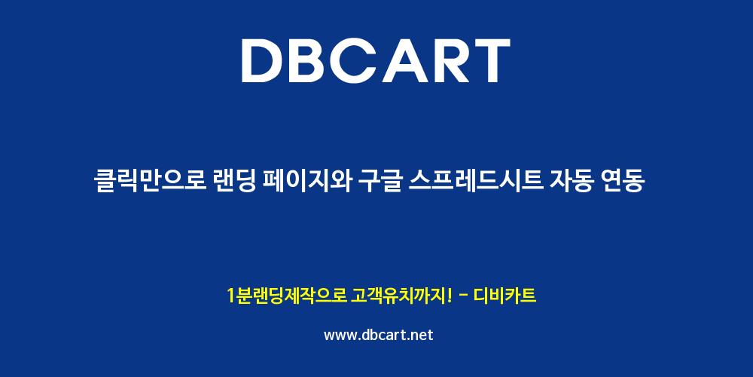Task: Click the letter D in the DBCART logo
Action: point(264,60)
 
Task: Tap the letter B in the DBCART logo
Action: point(313,60)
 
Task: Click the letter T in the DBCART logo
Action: point(491,60)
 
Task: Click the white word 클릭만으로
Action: point(150,182)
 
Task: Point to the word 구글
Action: point(380,182)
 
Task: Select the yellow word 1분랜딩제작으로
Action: point(286,296)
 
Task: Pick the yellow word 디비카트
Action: point(505,296)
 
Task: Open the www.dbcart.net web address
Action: point(379,335)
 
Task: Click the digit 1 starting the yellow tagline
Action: point(230,296)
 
